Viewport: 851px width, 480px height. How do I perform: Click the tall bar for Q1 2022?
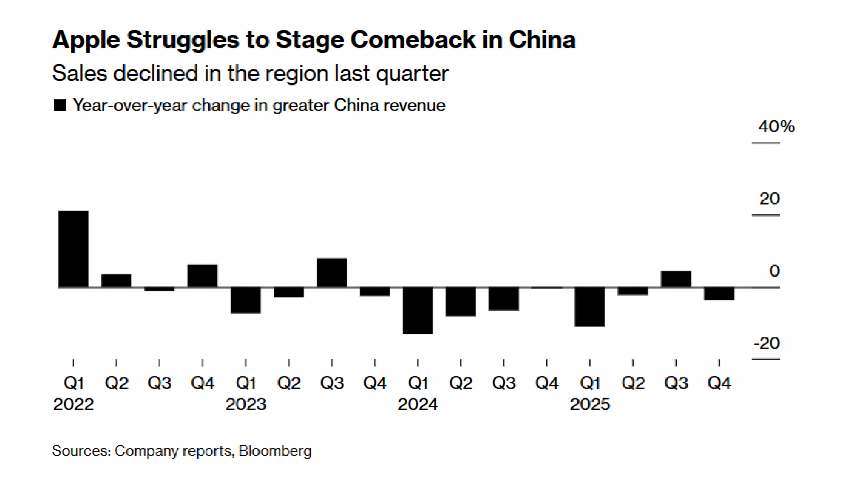coord(74,249)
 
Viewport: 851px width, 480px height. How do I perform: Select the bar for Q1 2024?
coord(418,310)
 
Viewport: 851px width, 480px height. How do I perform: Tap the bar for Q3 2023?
coord(332,273)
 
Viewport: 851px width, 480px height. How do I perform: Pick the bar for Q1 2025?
coord(590,307)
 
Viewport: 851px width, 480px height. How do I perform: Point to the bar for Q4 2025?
coord(719,294)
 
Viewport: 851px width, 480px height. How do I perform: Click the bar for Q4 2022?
coord(203,276)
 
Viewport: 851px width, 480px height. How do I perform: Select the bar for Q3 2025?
coord(676,279)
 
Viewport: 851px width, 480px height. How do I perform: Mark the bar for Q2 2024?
coord(461,302)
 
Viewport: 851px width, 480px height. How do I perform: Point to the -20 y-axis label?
coord(766,343)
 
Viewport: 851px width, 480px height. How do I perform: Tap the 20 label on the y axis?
coord(769,199)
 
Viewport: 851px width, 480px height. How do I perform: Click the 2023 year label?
coord(246,404)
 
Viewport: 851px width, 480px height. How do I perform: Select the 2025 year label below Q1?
coord(590,404)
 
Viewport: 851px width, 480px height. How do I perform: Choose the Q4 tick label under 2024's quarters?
coord(547,383)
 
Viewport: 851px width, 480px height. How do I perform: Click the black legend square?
coord(60,105)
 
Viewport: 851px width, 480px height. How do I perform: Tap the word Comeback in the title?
coord(413,40)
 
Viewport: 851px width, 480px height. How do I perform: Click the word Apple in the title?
coord(86,40)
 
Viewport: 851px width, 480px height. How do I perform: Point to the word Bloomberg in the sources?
coord(275,451)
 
